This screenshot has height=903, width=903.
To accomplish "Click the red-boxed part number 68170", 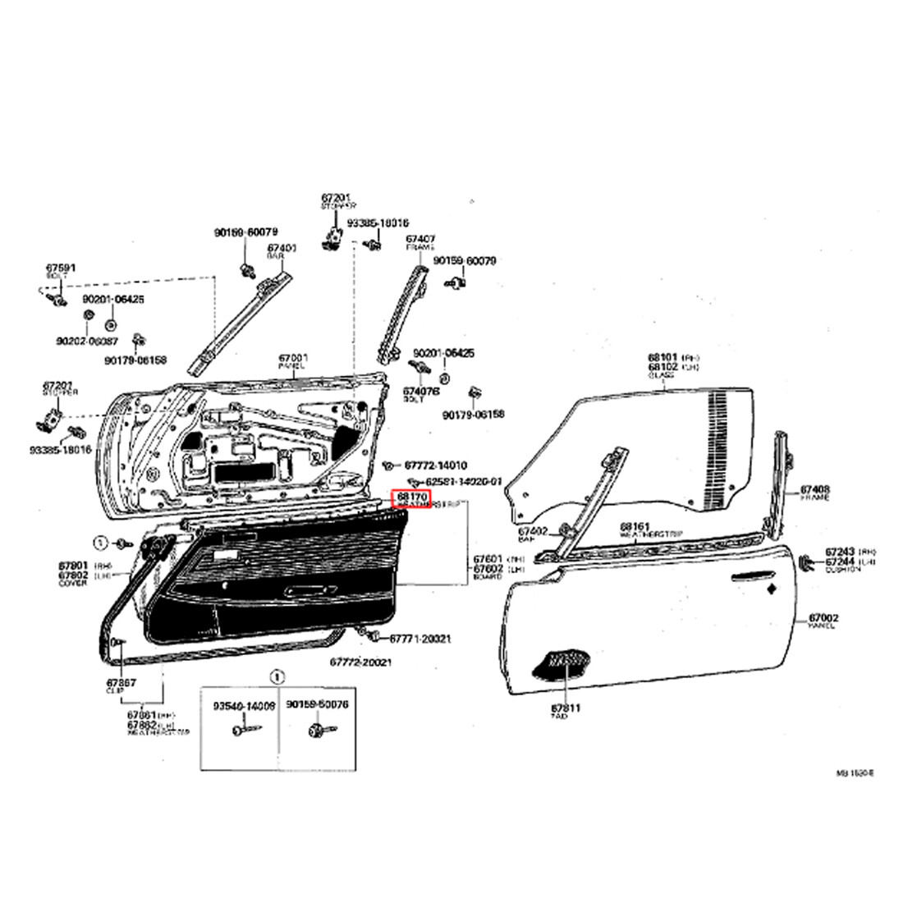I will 413,497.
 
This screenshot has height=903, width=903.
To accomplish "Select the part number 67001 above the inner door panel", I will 292,358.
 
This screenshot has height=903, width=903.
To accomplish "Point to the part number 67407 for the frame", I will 420,239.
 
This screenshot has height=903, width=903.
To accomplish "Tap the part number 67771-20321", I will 419,638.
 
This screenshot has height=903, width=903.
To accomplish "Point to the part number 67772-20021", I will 361,662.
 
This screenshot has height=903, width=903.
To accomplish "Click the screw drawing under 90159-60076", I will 315,730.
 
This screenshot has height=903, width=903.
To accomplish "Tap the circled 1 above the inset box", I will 277,677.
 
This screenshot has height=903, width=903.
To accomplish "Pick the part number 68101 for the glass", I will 662,357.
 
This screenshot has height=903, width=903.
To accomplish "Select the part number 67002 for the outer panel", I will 823,618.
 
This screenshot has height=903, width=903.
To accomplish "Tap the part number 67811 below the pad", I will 565,708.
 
